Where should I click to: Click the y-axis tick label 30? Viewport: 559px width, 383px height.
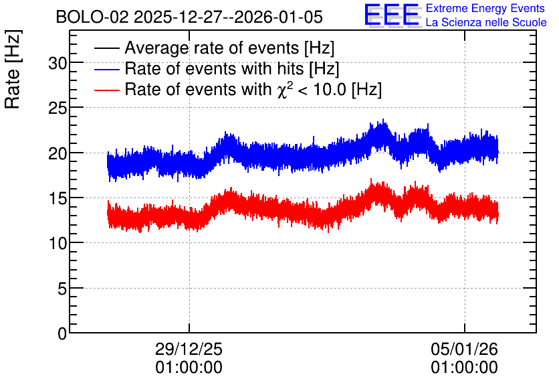(58, 64)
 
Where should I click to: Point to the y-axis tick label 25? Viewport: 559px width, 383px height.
(58, 108)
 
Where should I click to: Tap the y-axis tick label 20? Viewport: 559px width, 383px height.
(58, 154)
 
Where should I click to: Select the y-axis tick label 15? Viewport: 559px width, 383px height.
(58, 199)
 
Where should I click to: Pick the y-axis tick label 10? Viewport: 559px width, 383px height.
(58, 244)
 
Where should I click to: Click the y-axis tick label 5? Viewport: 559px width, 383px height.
(62, 289)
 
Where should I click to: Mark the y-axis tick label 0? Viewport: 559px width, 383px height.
(62, 334)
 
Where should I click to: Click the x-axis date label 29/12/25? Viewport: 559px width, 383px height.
(189, 349)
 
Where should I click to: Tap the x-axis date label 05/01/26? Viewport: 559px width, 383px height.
(464, 349)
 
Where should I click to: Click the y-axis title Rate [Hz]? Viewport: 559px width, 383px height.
(13, 70)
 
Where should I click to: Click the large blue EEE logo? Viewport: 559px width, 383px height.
(391, 15)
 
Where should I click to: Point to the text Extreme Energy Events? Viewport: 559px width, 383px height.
(485, 8)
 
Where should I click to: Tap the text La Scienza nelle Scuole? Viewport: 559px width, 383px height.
(486, 22)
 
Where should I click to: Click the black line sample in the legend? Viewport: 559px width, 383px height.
(106, 48)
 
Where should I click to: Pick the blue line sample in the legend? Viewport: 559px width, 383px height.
(106, 69)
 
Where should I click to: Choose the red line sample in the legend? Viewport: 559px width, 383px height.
(106, 90)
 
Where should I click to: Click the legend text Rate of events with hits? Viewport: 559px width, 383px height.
(214, 68)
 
